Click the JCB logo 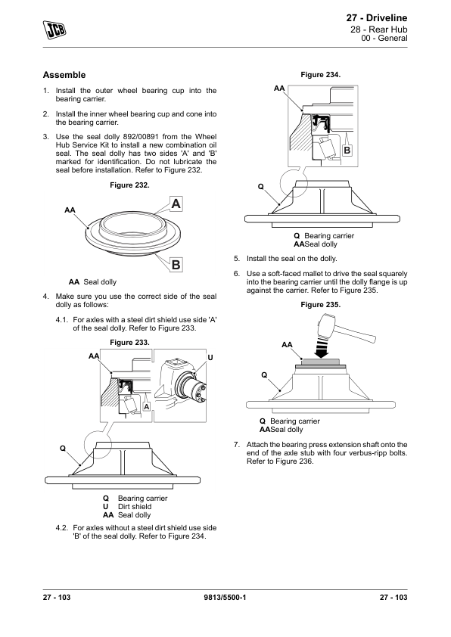54,30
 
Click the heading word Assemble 64,75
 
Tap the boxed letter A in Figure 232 176,204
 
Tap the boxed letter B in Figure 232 176,265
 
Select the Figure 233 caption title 129,343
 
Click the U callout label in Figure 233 210,358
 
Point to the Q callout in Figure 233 63,448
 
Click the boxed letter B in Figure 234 347,151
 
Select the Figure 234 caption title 321,75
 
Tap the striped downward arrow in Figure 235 322,348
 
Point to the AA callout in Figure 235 287,344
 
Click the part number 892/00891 141,136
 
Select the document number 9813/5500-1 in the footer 225,597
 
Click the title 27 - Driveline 377,18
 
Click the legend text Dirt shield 135,507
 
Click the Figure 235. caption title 321,305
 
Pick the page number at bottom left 57,597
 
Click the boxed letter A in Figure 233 147,407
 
